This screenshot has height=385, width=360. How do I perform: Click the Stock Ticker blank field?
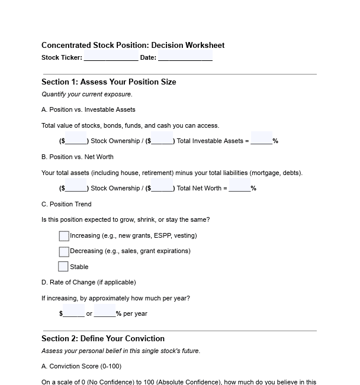click(x=111, y=57)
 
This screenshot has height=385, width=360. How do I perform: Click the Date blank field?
click(x=185, y=57)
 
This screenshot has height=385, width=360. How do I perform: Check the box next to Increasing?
click(x=64, y=236)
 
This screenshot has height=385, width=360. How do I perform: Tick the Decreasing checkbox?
click(x=64, y=251)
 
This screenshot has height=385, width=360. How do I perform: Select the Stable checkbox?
click(x=63, y=267)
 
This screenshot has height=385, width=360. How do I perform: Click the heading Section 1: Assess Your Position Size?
click(x=108, y=82)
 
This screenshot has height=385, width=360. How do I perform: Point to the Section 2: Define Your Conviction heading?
click(x=103, y=338)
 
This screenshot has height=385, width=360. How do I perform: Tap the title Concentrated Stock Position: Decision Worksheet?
click(x=133, y=45)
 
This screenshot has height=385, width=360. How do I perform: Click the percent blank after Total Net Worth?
click(x=239, y=188)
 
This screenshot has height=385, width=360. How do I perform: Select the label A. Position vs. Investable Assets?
click(x=88, y=109)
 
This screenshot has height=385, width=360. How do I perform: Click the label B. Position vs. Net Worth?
click(x=78, y=157)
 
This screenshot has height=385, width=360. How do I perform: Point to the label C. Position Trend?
click(x=66, y=204)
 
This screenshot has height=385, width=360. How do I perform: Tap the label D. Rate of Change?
click(x=88, y=282)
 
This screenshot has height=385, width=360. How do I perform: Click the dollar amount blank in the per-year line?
click(x=73, y=313)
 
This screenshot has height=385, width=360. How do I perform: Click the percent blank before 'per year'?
click(x=105, y=313)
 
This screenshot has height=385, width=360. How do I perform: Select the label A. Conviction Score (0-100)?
click(x=81, y=366)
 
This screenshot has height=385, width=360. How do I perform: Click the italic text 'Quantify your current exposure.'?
click(x=87, y=94)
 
